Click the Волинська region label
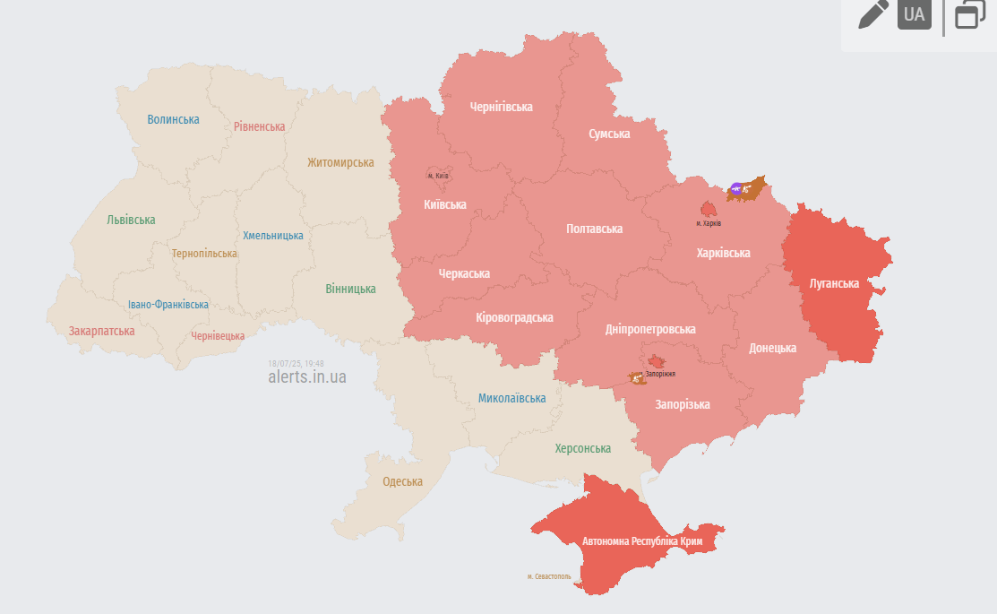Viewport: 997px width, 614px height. (174, 119)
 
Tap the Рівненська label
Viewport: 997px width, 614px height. (260, 126)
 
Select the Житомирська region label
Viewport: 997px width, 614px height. (340, 162)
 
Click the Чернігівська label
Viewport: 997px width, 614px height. (502, 107)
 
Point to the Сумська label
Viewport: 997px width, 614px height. (609, 134)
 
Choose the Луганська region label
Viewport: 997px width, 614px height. (834, 283)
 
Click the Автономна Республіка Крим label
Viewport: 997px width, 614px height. (641, 541)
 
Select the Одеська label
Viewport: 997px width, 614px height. (402, 481)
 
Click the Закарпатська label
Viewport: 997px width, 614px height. (101, 331)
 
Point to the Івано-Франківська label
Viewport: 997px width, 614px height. (168, 305)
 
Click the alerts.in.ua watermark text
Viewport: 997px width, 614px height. (307, 376)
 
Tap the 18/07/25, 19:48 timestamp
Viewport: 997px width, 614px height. (296, 363)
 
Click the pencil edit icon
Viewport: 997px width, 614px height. (872, 15)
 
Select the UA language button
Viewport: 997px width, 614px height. (914, 15)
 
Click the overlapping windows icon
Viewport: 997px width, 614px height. (970, 15)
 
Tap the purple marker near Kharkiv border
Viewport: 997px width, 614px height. (736, 188)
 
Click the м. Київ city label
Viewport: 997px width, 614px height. (438, 176)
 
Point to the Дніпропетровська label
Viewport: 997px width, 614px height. (650, 329)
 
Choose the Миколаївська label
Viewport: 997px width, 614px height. (511, 398)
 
